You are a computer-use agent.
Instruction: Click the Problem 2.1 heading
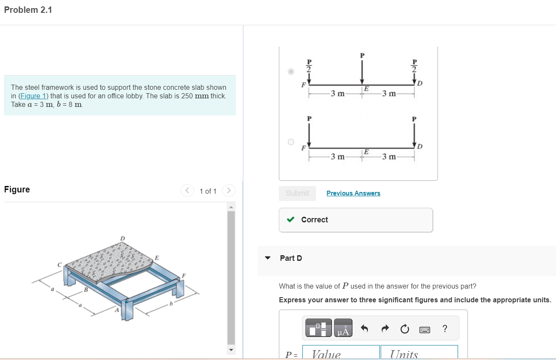[28, 10]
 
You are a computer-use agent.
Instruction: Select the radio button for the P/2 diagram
[291, 71]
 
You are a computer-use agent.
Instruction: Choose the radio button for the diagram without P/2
[291, 142]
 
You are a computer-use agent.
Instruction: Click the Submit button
[297, 193]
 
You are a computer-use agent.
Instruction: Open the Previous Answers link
[353, 193]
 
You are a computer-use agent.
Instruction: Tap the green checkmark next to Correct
[290, 220]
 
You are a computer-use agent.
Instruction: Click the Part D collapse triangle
[268, 258]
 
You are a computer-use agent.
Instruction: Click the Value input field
[341, 353]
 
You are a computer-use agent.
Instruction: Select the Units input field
[419, 353]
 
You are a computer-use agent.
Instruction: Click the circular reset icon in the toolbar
[405, 329]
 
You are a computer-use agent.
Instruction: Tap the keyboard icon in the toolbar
[425, 329]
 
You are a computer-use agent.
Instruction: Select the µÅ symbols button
[343, 328]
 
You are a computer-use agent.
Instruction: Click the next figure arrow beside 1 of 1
[229, 190]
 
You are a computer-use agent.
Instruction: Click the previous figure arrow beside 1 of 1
[187, 190]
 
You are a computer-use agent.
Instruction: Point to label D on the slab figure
[123, 238]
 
